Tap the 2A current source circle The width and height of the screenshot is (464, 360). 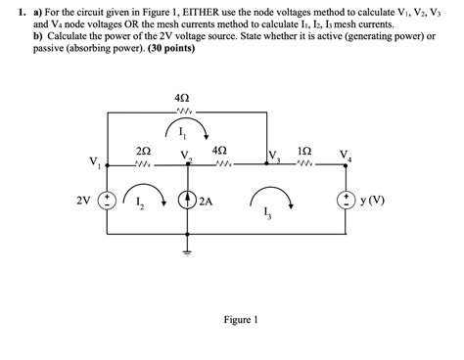[x=186, y=202]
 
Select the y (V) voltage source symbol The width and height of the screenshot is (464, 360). [x=346, y=202]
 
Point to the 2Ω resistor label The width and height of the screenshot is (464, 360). [x=144, y=152]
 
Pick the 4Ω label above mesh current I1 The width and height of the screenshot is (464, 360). [x=181, y=100]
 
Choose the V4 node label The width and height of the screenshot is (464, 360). [x=344, y=157]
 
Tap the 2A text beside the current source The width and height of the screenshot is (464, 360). [x=206, y=202]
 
